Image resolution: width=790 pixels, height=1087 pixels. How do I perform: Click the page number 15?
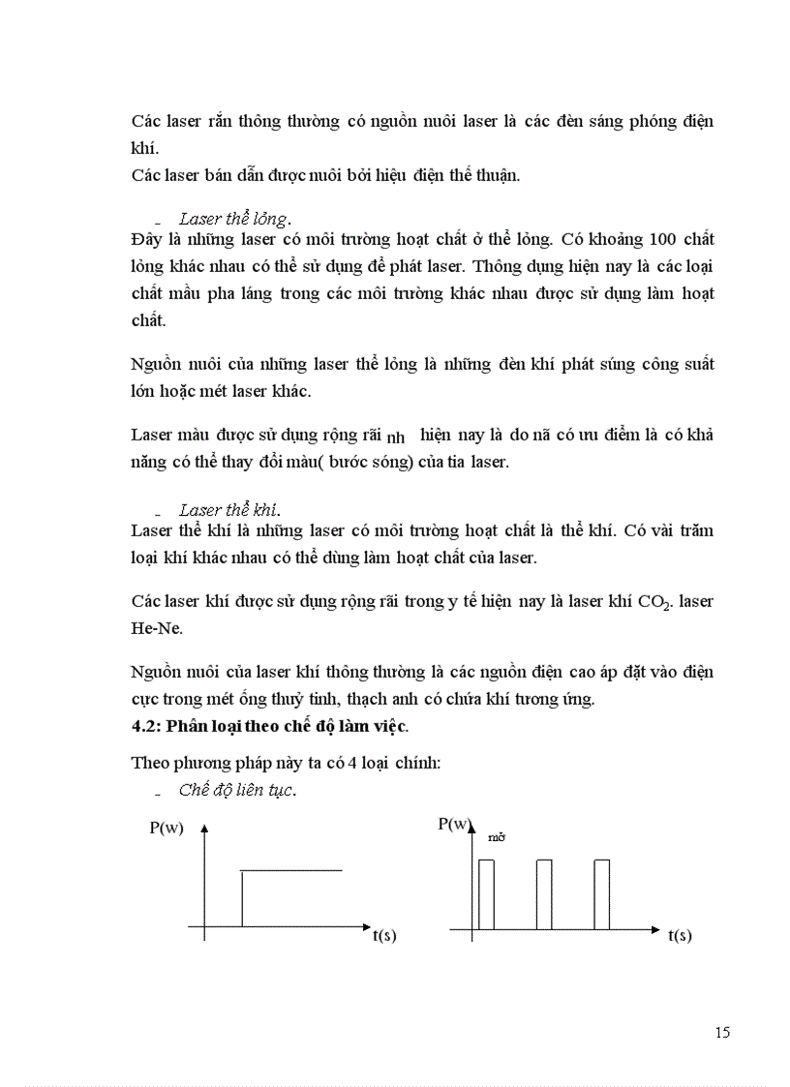[x=722, y=1032]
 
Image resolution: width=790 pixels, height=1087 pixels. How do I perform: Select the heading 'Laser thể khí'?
[x=230, y=510]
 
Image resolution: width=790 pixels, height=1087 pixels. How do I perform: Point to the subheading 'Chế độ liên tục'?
[x=237, y=790]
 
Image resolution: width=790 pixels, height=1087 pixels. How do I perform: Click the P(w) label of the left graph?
[x=167, y=829]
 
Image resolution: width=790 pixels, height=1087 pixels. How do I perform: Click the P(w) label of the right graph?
[x=455, y=824]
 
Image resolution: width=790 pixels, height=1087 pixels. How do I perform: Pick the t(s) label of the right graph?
[x=680, y=936]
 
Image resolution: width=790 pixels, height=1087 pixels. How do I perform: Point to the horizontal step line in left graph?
[x=290, y=871]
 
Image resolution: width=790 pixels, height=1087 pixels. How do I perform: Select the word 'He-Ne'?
[x=154, y=627]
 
